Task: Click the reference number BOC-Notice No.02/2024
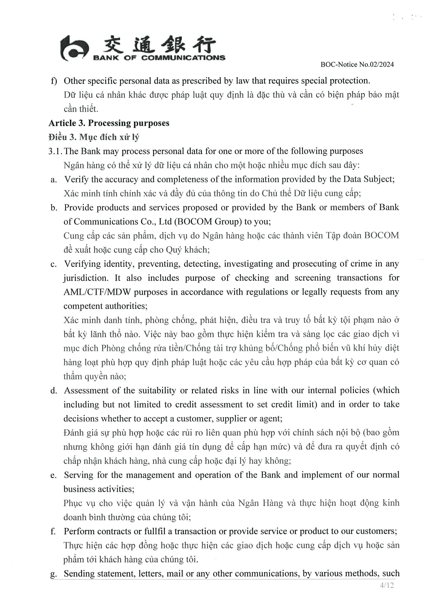point(357,65)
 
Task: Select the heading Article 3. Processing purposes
point(109,123)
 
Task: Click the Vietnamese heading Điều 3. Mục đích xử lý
point(94,137)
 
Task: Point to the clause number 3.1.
point(55,151)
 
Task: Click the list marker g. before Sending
point(53,574)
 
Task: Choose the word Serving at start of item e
point(79,475)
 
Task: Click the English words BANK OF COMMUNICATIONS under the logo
point(159,58)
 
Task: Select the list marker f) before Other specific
point(54,81)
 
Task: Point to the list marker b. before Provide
point(54,208)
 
